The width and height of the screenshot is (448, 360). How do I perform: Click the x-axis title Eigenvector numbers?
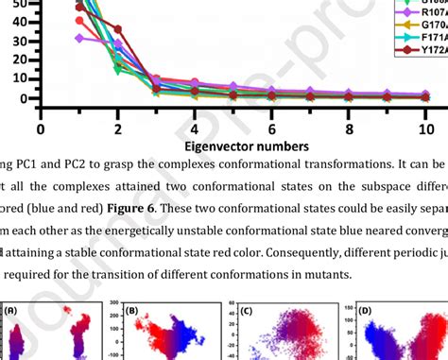233,146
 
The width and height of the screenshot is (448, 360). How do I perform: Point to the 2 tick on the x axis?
118,129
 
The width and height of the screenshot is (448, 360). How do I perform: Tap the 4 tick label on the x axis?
195,129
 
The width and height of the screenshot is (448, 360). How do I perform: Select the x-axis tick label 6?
272,129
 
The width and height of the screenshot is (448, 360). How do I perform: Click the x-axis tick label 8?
349,129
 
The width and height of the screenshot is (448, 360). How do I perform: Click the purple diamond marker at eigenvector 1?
80,39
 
